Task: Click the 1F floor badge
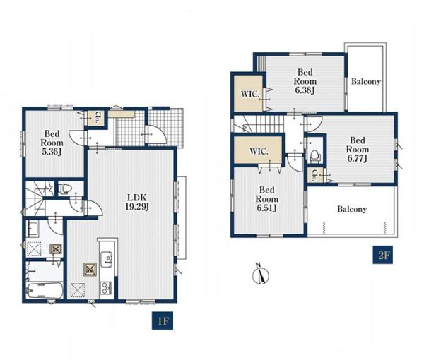163,320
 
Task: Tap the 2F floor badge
382,255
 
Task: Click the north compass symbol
260,274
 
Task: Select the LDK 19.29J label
137,202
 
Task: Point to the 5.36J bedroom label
52,143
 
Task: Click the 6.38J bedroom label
305,81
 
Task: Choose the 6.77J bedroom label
357,150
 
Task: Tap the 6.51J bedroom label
266,199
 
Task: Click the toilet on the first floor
64,188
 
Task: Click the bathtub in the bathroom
45,291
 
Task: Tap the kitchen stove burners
106,288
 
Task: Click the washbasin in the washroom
33,229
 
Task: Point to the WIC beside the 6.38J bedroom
250,95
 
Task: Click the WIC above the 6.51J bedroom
259,151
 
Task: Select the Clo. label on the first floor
97,118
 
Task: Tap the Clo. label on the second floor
314,175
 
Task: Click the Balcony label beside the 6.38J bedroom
365,81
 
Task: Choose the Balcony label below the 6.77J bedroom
352,209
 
